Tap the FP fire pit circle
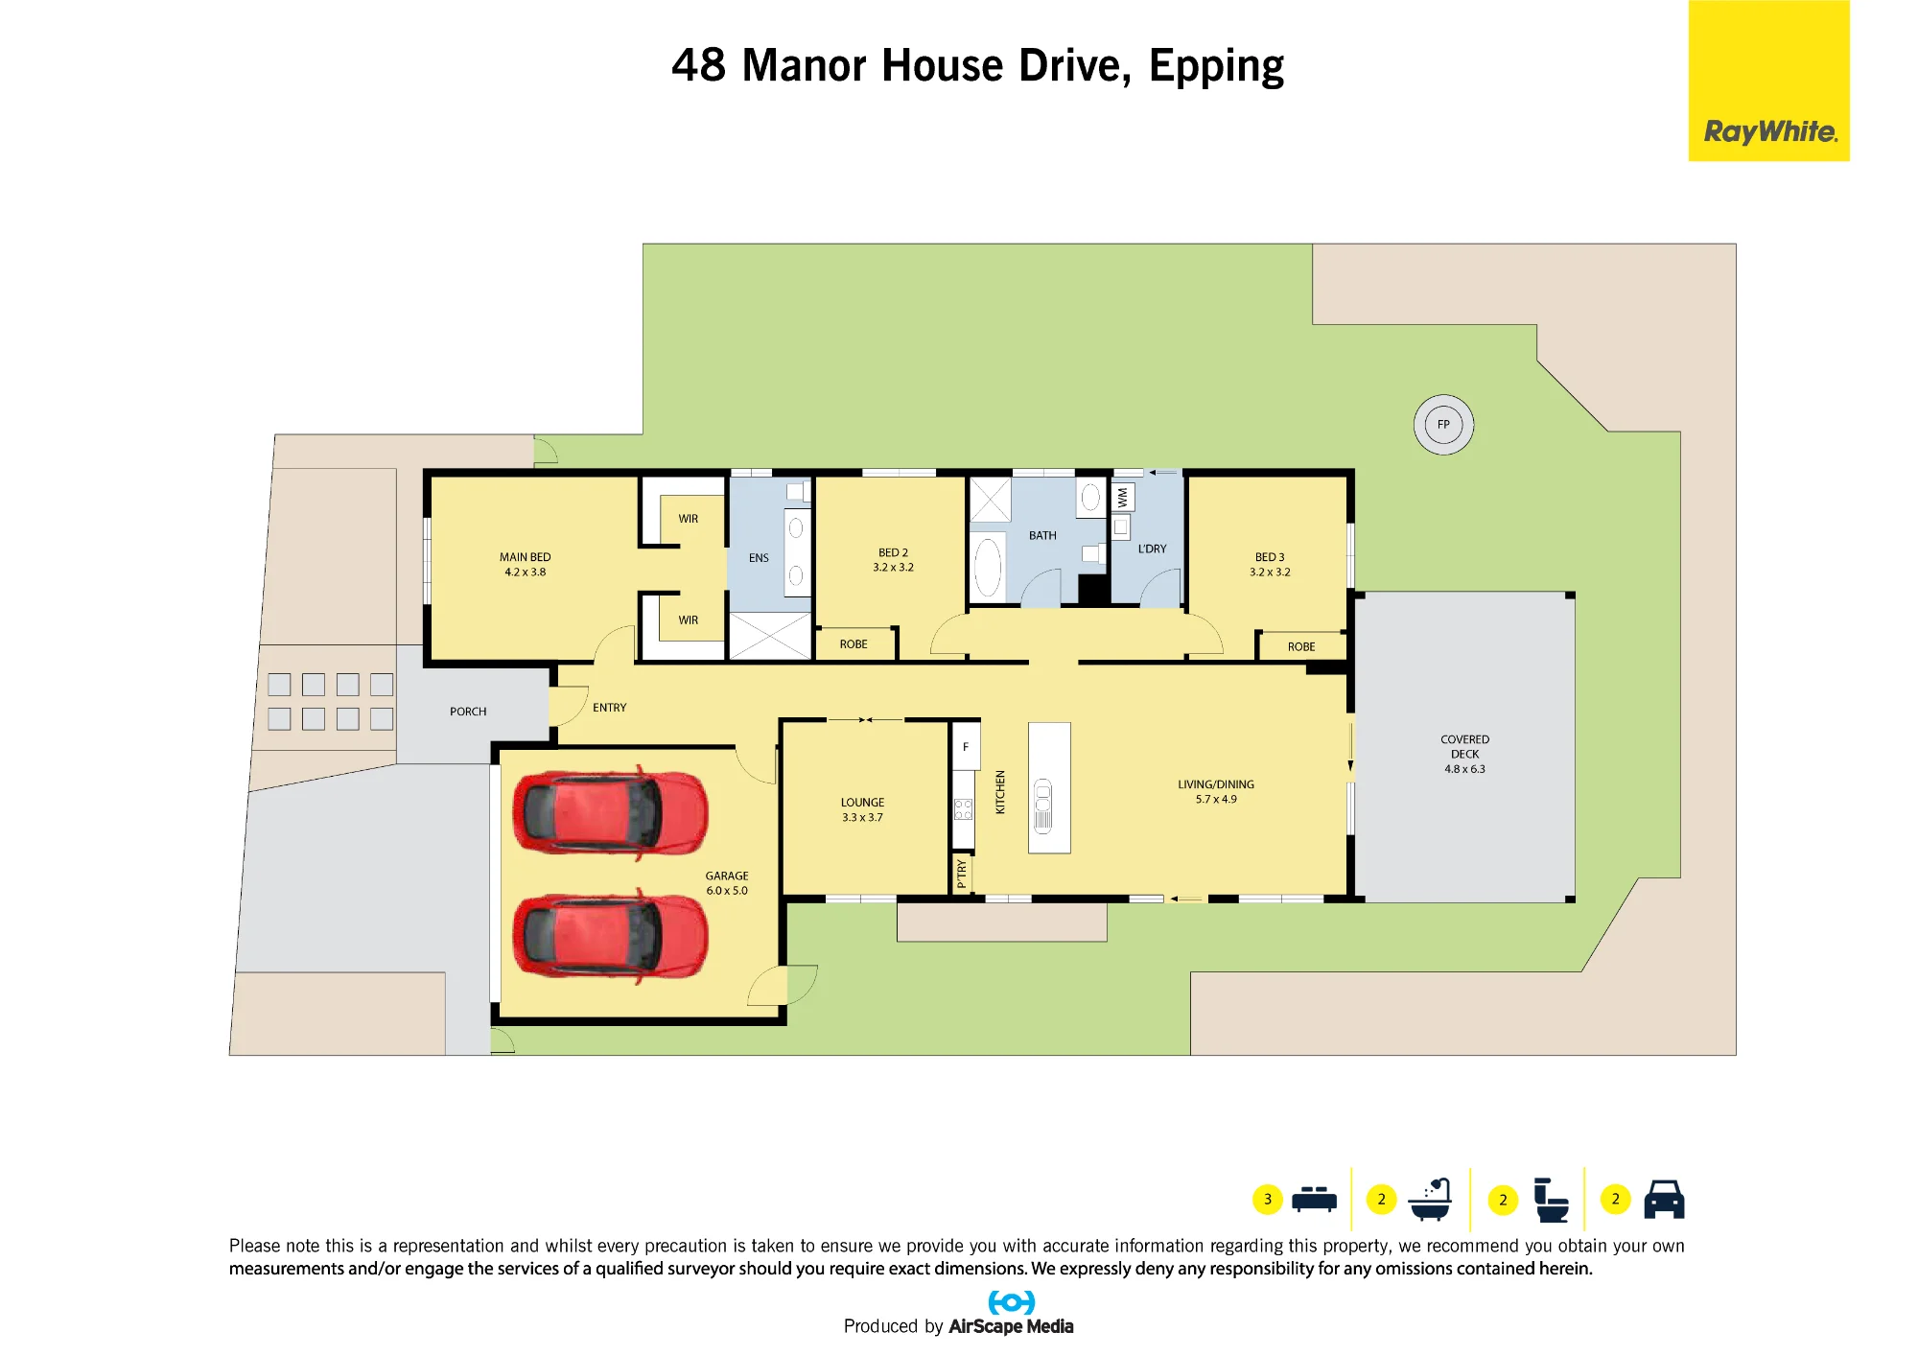tap(1443, 425)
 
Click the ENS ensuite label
tap(759, 558)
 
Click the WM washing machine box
tap(1123, 497)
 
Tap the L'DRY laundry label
tap(1152, 549)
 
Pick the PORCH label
tap(468, 712)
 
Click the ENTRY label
tap(609, 708)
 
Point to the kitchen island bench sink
tap(1043, 806)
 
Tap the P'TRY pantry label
tap(962, 874)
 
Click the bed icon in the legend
tap(1314, 1199)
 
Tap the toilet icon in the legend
tap(1551, 1200)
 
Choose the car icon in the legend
tap(1664, 1199)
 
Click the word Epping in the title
tap(1216, 66)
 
